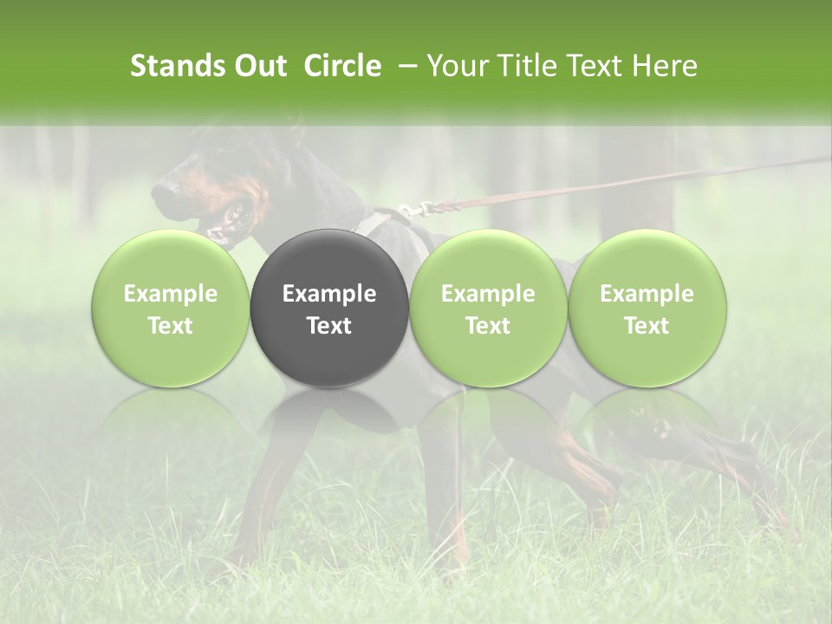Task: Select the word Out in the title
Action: point(257,66)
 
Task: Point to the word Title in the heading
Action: point(528,66)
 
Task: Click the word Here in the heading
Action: point(664,66)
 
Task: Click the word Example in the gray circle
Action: point(329,294)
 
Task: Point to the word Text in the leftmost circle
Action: point(171,326)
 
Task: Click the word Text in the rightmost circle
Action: point(647,326)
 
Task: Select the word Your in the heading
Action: point(456,66)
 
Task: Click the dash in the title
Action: point(405,66)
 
